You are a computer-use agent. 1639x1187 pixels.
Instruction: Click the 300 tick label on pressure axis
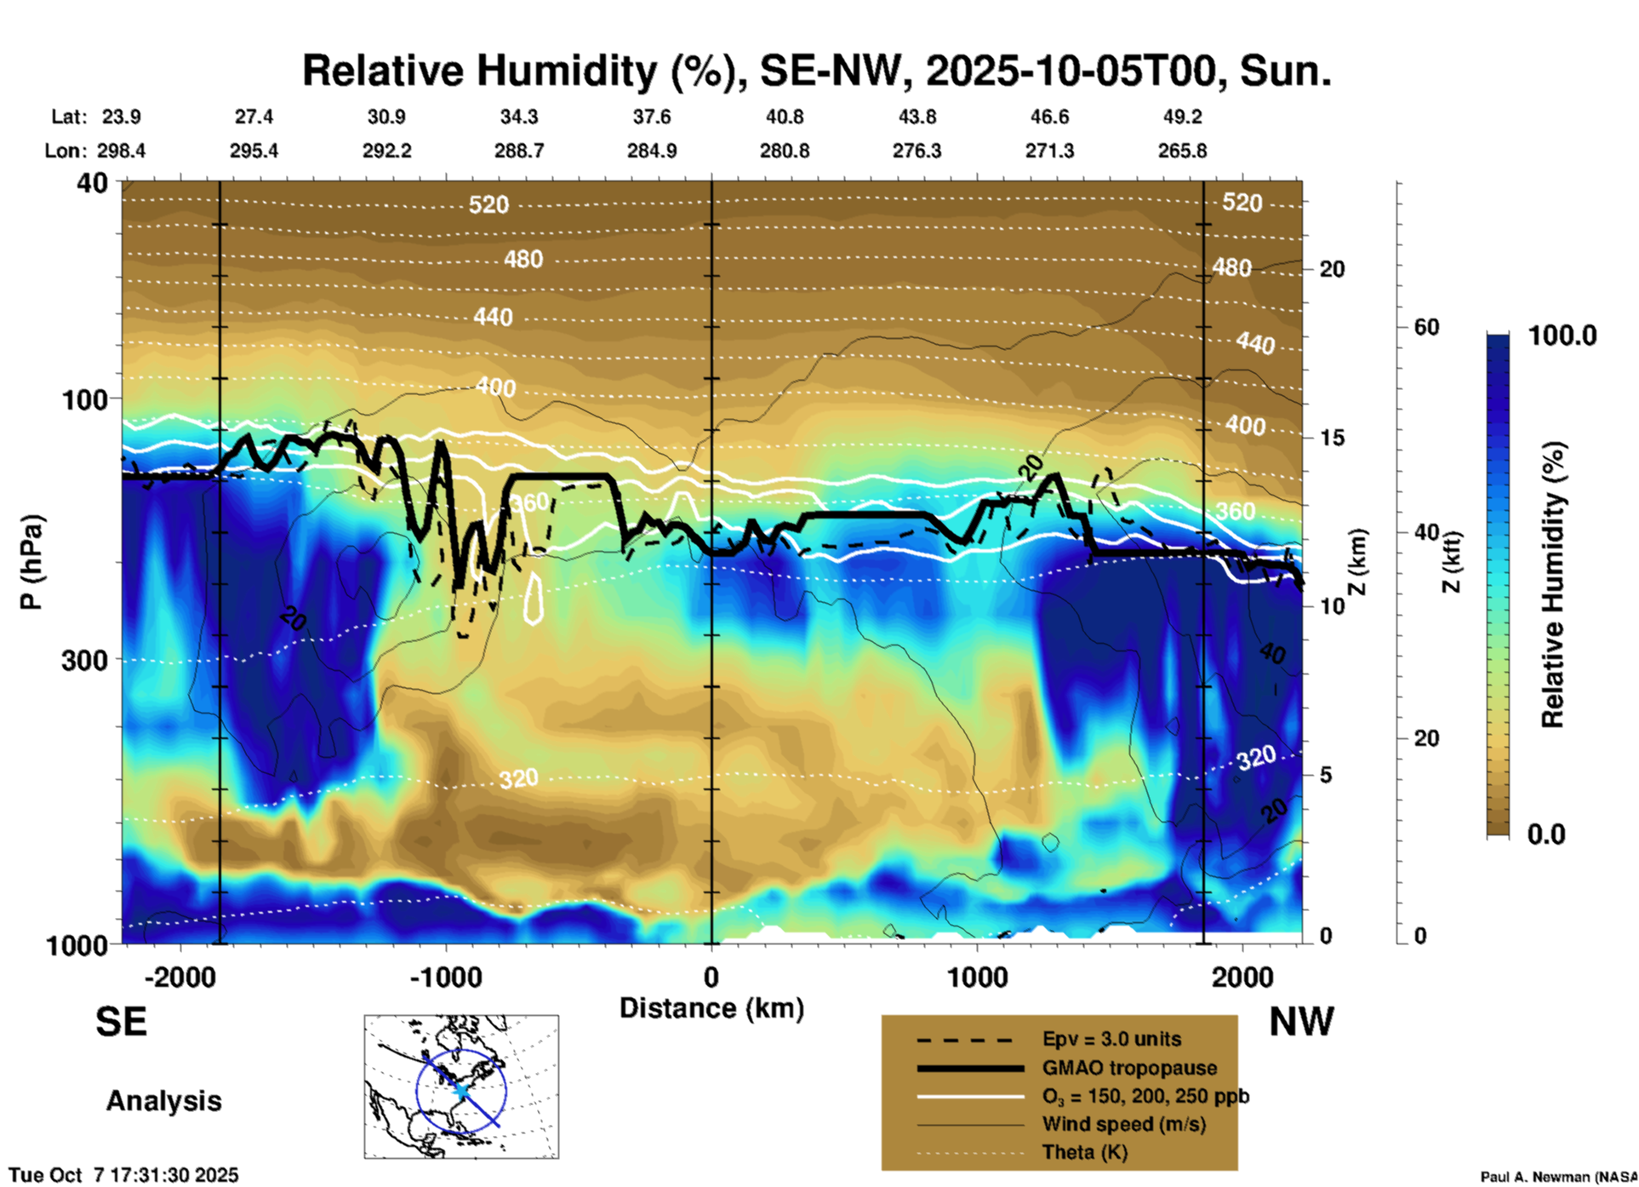(x=85, y=660)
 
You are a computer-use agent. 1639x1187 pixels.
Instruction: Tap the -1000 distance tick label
(x=446, y=977)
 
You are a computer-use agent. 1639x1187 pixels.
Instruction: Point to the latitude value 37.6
(x=652, y=117)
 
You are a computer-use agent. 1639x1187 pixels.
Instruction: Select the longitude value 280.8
(x=784, y=151)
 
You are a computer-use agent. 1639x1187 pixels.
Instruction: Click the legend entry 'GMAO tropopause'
(x=1128, y=1068)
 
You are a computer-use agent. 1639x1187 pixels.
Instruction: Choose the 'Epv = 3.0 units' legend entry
(x=1111, y=1039)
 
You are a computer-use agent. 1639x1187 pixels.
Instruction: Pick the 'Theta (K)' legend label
(x=1084, y=1152)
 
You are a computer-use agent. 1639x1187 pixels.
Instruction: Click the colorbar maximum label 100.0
(x=1562, y=335)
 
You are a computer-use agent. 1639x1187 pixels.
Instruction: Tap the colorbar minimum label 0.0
(x=1546, y=834)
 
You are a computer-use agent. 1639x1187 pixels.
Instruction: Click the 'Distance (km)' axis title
(x=711, y=1008)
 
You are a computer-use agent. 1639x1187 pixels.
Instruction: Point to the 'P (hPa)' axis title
(x=31, y=562)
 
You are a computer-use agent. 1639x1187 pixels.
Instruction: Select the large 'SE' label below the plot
(x=121, y=1022)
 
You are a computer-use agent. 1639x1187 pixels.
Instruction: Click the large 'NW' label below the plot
(x=1301, y=1022)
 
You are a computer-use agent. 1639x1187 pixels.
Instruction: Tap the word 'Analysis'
(x=163, y=1101)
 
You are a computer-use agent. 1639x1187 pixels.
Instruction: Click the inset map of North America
(x=461, y=1087)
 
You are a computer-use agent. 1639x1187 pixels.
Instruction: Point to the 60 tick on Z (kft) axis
(x=1426, y=327)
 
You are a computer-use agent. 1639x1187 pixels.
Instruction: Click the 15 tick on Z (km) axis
(x=1332, y=438)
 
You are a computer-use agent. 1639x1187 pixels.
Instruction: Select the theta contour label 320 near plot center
(x=518, y=778)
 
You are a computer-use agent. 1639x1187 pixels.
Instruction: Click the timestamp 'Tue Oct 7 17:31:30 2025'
(x=124, y=1175)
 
